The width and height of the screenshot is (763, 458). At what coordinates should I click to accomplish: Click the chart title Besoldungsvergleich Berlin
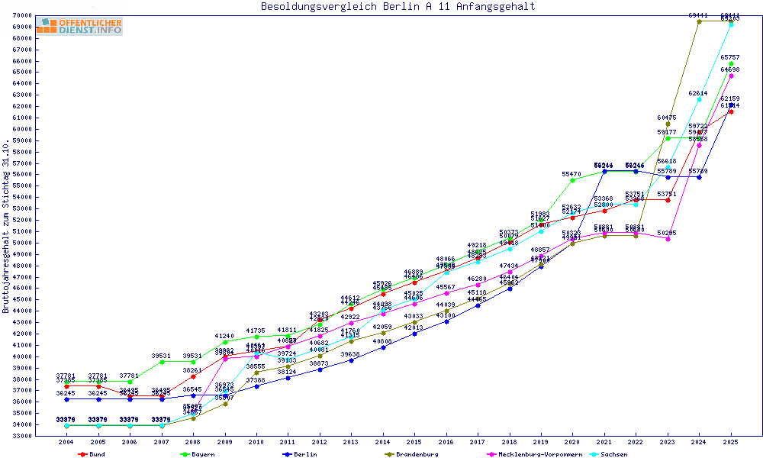click(398, 7)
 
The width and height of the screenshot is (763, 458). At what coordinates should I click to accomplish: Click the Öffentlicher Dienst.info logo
click(79, 27)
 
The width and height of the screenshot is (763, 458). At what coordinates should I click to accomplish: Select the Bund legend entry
click(92, 454)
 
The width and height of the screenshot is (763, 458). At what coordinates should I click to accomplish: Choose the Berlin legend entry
click(301, 454)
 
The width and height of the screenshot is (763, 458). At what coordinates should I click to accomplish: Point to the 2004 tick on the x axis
click(67, 442)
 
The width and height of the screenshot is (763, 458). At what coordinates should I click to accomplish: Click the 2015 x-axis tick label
click(414, 442)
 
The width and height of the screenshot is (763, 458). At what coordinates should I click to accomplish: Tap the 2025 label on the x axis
click(731, 442)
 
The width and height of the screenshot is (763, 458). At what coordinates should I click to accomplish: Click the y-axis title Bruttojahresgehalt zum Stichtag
click(6, 227)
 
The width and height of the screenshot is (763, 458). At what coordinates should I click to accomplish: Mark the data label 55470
click(572, 175)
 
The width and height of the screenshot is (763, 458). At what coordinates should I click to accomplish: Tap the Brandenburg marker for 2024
click(699, 21)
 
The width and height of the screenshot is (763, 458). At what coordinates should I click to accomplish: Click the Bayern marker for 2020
click(572, 180)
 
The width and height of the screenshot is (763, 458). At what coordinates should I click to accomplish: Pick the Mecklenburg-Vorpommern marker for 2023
click(668, 239)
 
